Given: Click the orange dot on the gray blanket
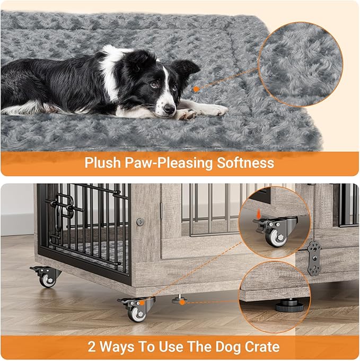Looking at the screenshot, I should pos(196,89).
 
